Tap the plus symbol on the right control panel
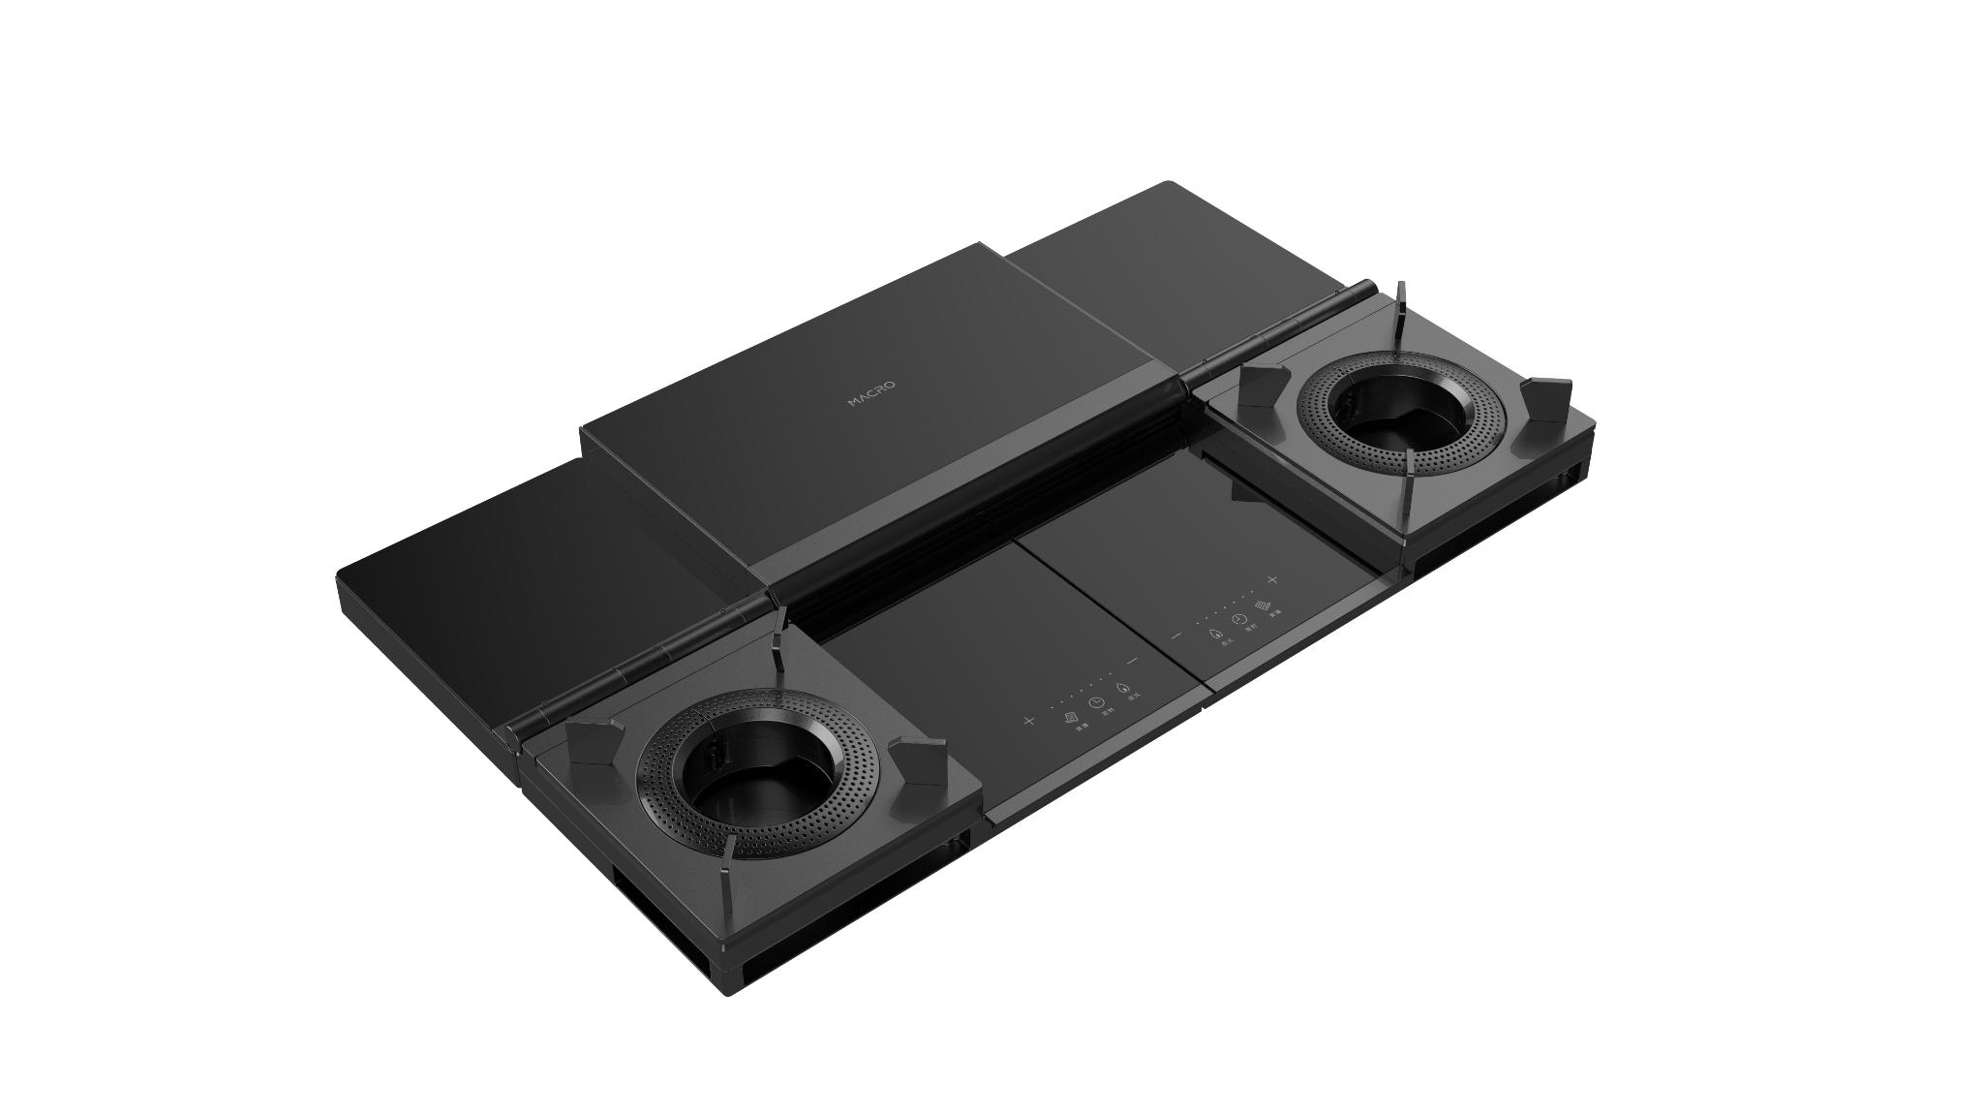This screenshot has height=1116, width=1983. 1272,579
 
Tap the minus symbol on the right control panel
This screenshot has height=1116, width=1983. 1176,636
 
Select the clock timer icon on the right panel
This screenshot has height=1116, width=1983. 1238,620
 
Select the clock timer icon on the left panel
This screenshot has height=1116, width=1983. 1094,702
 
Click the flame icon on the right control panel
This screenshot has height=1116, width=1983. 1215,633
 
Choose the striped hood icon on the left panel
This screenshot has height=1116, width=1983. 1069,717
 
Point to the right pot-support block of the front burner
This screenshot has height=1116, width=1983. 917,760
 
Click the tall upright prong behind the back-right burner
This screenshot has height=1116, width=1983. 1400,308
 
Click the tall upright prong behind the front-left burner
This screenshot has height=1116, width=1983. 779,639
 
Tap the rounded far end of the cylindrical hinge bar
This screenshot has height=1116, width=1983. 1367,287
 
